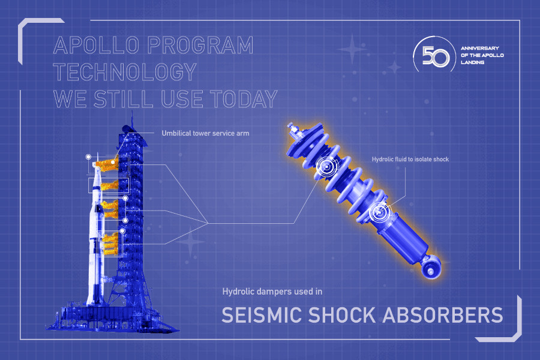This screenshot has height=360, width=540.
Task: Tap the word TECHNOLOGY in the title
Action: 125,72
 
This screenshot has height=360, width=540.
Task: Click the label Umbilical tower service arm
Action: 205,133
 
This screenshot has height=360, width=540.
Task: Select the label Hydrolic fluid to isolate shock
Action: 409,159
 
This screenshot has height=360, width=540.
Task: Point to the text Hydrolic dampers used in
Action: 272,292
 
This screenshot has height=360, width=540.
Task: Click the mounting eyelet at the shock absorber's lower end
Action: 431,270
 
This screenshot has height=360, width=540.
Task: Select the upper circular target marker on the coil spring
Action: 328,166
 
